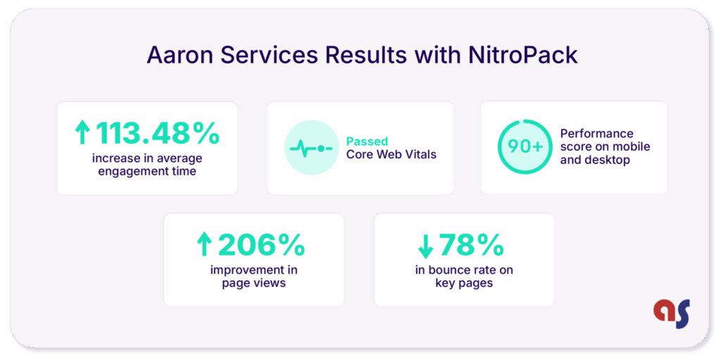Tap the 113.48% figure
pyautogui.click(x=158, y=132)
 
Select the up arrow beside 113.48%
pyautogui.click(x=83, y=132)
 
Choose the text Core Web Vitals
pyautogui.click(x=391, y=154)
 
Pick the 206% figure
pyautogui.click(x=261, y=244)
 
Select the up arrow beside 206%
pyautogui.click(x=204, y=245)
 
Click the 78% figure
pyautogui.click(x=472, y=244)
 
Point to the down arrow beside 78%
pyautogui.click(x=425, y=245)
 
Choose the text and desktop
pyautogui.click(x=595, y=160)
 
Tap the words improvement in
pyautogui.click(x=253, y=270)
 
